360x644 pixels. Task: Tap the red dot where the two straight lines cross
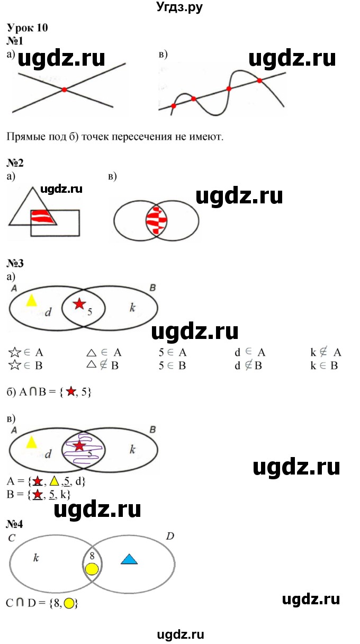pos(64,90)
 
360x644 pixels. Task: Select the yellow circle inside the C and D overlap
pos(92,569)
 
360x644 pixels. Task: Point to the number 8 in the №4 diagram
pos(92,556)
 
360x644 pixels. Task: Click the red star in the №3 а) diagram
pos(79,303)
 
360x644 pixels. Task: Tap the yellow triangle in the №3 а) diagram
pos(32,300)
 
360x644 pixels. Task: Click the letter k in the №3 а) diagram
pos(132,307)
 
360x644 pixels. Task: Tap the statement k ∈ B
pos(324,365)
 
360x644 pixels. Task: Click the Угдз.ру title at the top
pos(180,7)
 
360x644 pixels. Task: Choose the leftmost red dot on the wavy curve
pos(173,106)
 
